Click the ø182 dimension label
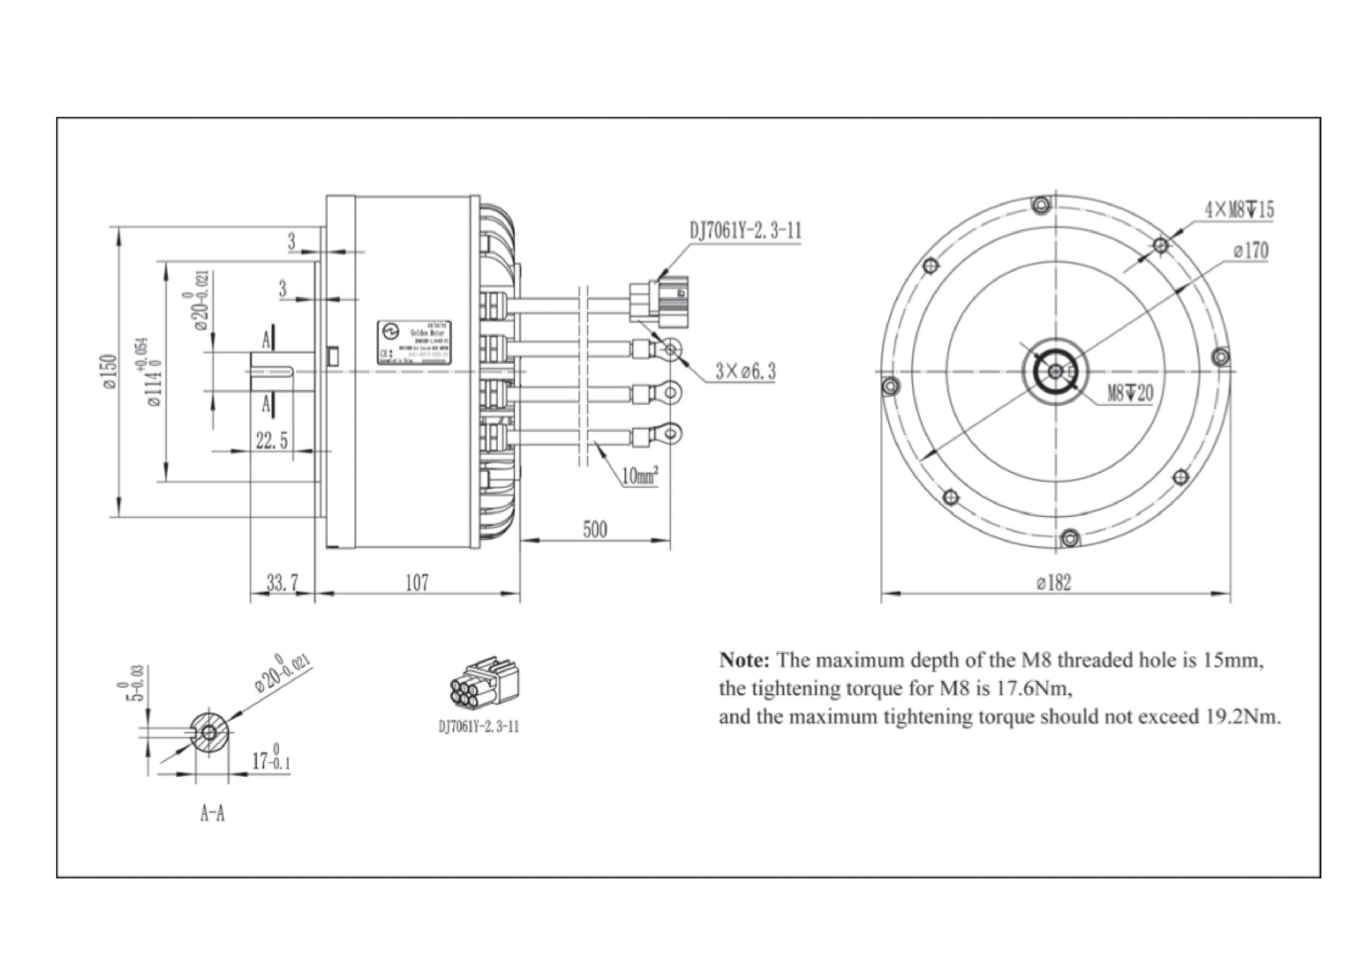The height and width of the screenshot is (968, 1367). click(x=1054, y=582)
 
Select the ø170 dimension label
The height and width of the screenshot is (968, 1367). click(x=1250, y=251)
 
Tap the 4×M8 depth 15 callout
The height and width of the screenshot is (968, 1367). click(x=1239, y=209)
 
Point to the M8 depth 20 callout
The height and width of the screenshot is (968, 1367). click(x=1130, y=393)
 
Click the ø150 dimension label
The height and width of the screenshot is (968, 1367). click(x=110, y=372)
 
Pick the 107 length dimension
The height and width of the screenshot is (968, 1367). click(x=417, y=582)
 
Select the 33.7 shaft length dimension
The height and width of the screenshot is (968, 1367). click(x=282, y=582)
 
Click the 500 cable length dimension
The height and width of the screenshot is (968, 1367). click(x=594, y=529)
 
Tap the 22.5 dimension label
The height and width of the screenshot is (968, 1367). click(x=271, y=441)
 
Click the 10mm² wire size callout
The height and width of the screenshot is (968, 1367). click(x=639, y=476)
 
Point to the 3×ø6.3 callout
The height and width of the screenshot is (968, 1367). click(x=745, y=371)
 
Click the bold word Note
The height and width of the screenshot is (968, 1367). click(x=745, y=660)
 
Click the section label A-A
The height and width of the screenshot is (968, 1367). click(x=212, y=813)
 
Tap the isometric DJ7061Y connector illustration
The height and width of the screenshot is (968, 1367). click(x=484, y=684)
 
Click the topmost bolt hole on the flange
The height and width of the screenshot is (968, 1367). click(x=1040, y=206)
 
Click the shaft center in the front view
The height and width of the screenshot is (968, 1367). click(x=1055, y=372)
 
